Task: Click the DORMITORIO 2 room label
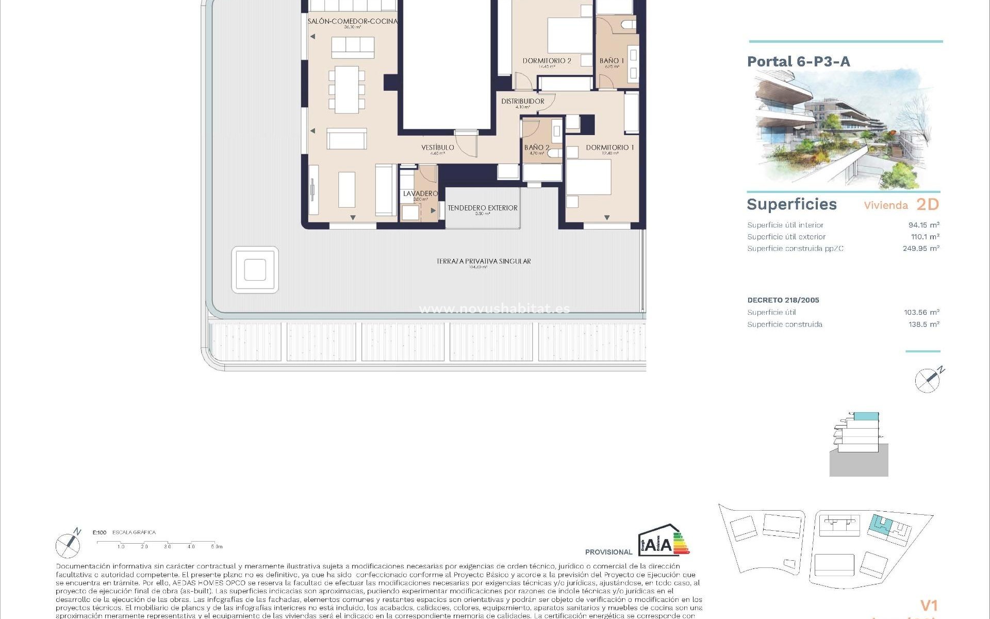click(x=547, y=61)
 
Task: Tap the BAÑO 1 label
click(x=612, y=61)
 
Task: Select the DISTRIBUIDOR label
click(x=522, y=101)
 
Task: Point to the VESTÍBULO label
click(x=437, y=148)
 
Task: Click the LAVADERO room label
click(x=420, y=193)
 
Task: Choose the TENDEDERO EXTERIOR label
click(x=482, y=208)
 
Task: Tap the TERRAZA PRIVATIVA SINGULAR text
click(x=483, y=261)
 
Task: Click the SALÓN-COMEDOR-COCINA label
click(x=353, y=21)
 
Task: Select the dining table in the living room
click(x=346, y=90)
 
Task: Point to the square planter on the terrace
click(x=255, y=270)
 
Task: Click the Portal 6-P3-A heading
click(x=798, y=61)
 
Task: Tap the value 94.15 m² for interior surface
click(x=923, y=225)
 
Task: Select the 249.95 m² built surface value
click(x=920, y=248)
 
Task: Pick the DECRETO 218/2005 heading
click(x=783, y=300)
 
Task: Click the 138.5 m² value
click(x=923, y=324)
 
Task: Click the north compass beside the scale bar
click(x=68, y=544)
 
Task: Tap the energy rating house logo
click(x=664, y=541)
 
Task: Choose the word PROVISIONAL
click(x=608, y=552)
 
